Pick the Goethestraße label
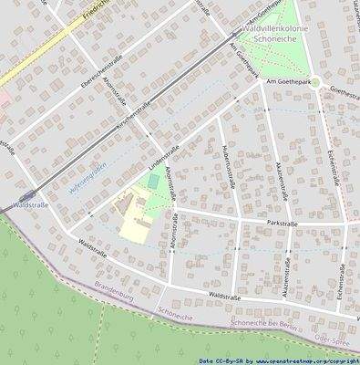pyautogui.click(x=344, y=92)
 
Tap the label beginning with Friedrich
pyautogui.click(x=95, y=11)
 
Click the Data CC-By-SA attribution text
pyautogui.click(x=219, y=360)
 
